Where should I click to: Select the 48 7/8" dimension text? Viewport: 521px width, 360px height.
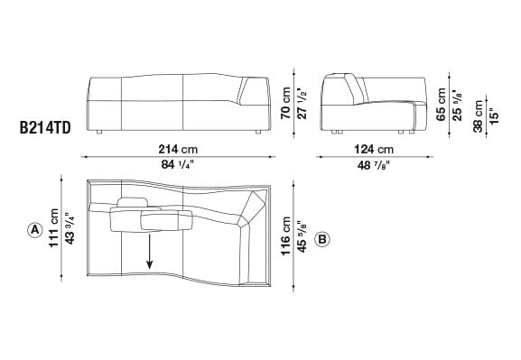coord(374,163)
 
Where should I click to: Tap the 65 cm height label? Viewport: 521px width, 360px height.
coord(441,104)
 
